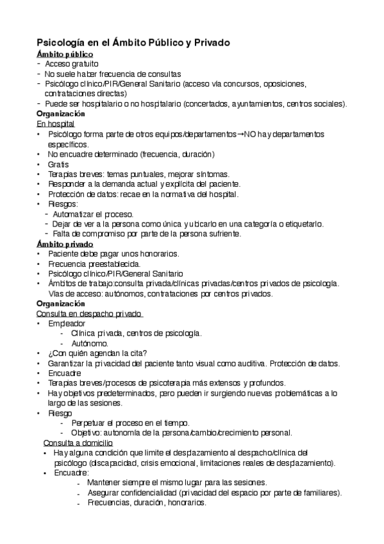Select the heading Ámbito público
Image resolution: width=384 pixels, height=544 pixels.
pyautogui.click(x=65, y=55)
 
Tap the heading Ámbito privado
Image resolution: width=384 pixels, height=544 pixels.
pyautogui.click(x=65, y=244)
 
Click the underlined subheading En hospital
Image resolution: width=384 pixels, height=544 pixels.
pyautogui.click(x=56, y=123)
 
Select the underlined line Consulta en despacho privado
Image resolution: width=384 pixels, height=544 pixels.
pyautogui.click(x=90, y=313)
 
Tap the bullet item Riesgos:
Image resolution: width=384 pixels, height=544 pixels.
pyautogui.click(x=63, y=203)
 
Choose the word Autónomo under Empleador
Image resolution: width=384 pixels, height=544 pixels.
pyautogui.click(x=90, y=343)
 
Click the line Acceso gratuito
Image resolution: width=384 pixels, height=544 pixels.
pyautogui.click(x=72, y=64)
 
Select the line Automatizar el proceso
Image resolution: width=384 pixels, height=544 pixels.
pyautogui.click(x=93, y=214)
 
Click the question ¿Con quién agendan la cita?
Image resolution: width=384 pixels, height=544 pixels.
pyautogui.click(x=98, y=353)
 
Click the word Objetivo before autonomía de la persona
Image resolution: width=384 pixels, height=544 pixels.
pyautogui.click(x=88, y=432)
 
